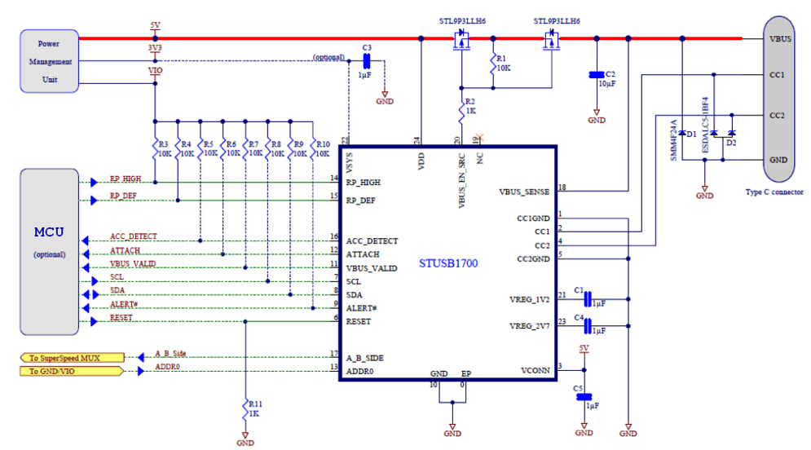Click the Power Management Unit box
51,61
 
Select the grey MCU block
50,250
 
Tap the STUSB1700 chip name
447,264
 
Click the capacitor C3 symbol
366,62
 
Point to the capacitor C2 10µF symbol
597,76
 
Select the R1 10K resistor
491,64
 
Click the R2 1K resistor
461,108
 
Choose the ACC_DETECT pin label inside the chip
372,241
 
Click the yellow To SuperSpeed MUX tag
72,357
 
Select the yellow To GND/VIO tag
72,371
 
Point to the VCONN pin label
535,370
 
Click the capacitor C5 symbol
584,398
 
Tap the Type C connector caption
774,192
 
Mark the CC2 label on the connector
776,116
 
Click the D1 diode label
691,133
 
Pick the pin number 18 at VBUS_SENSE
562,188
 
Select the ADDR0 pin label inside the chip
360,371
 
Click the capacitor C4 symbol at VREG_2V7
585,326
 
